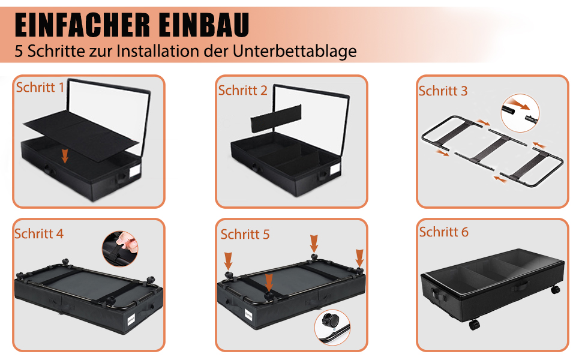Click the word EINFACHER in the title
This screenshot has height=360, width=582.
82,25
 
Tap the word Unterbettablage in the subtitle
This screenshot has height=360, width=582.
295,51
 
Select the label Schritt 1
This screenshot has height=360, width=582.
40,88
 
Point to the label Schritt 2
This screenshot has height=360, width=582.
243,91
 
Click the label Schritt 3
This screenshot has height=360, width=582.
443,91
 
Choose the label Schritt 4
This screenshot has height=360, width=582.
39,234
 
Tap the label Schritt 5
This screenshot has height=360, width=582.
245,235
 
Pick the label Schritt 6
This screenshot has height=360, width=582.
444,232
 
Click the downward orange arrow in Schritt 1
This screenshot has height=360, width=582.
65,156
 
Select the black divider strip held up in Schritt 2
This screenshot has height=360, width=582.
276,118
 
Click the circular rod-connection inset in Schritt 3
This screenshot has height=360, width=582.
520,113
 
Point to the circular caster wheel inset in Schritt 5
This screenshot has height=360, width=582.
332,328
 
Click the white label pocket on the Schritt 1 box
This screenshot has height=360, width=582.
134,172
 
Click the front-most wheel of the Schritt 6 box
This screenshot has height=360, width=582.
475,325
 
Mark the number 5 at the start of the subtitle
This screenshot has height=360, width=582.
19,51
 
